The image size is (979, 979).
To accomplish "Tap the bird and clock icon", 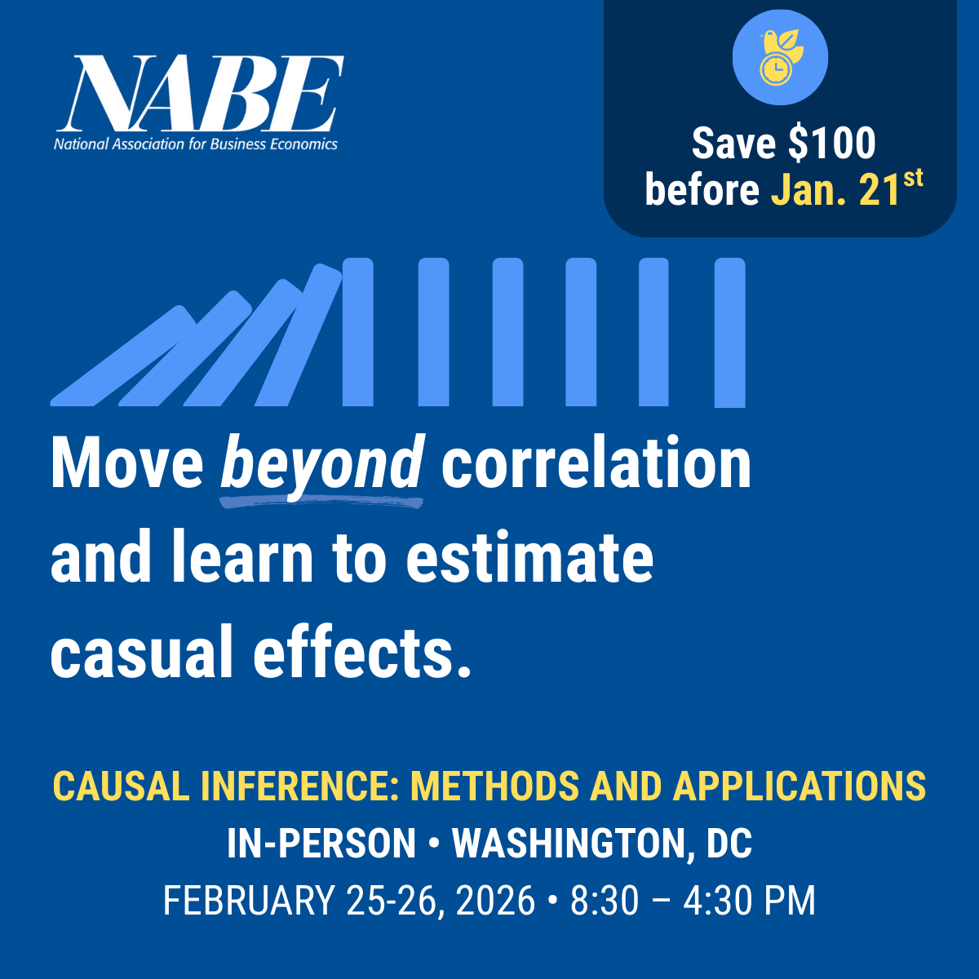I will (780, 58).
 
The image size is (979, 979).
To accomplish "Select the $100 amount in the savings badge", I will (831, 144).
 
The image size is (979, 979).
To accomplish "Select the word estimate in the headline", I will (529, 559).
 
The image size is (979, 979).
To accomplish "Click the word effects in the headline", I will (352, 653).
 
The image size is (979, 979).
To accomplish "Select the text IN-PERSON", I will (321, 844).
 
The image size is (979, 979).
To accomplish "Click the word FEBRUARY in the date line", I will (249, 901).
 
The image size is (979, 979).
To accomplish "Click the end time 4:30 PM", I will (749, 901).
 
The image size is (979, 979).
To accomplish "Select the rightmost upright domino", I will (729, 332).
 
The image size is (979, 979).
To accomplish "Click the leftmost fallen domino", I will (122, 357).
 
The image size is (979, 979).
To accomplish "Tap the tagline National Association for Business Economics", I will (196, 144).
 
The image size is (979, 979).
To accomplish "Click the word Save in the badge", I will (733, 144).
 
